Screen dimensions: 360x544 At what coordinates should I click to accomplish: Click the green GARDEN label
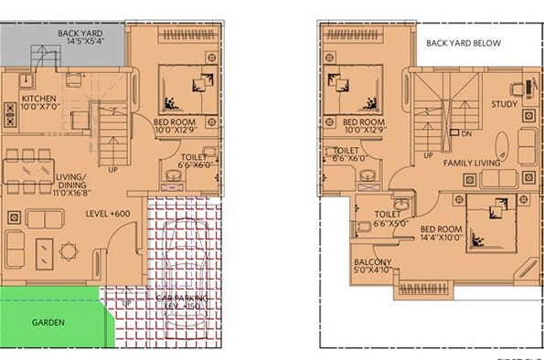coord(47,323)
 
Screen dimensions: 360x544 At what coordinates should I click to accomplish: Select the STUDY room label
coord(504,104)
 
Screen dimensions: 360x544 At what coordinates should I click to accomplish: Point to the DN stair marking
coord(466,134)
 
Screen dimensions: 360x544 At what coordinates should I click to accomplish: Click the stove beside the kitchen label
coord(11,114)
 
